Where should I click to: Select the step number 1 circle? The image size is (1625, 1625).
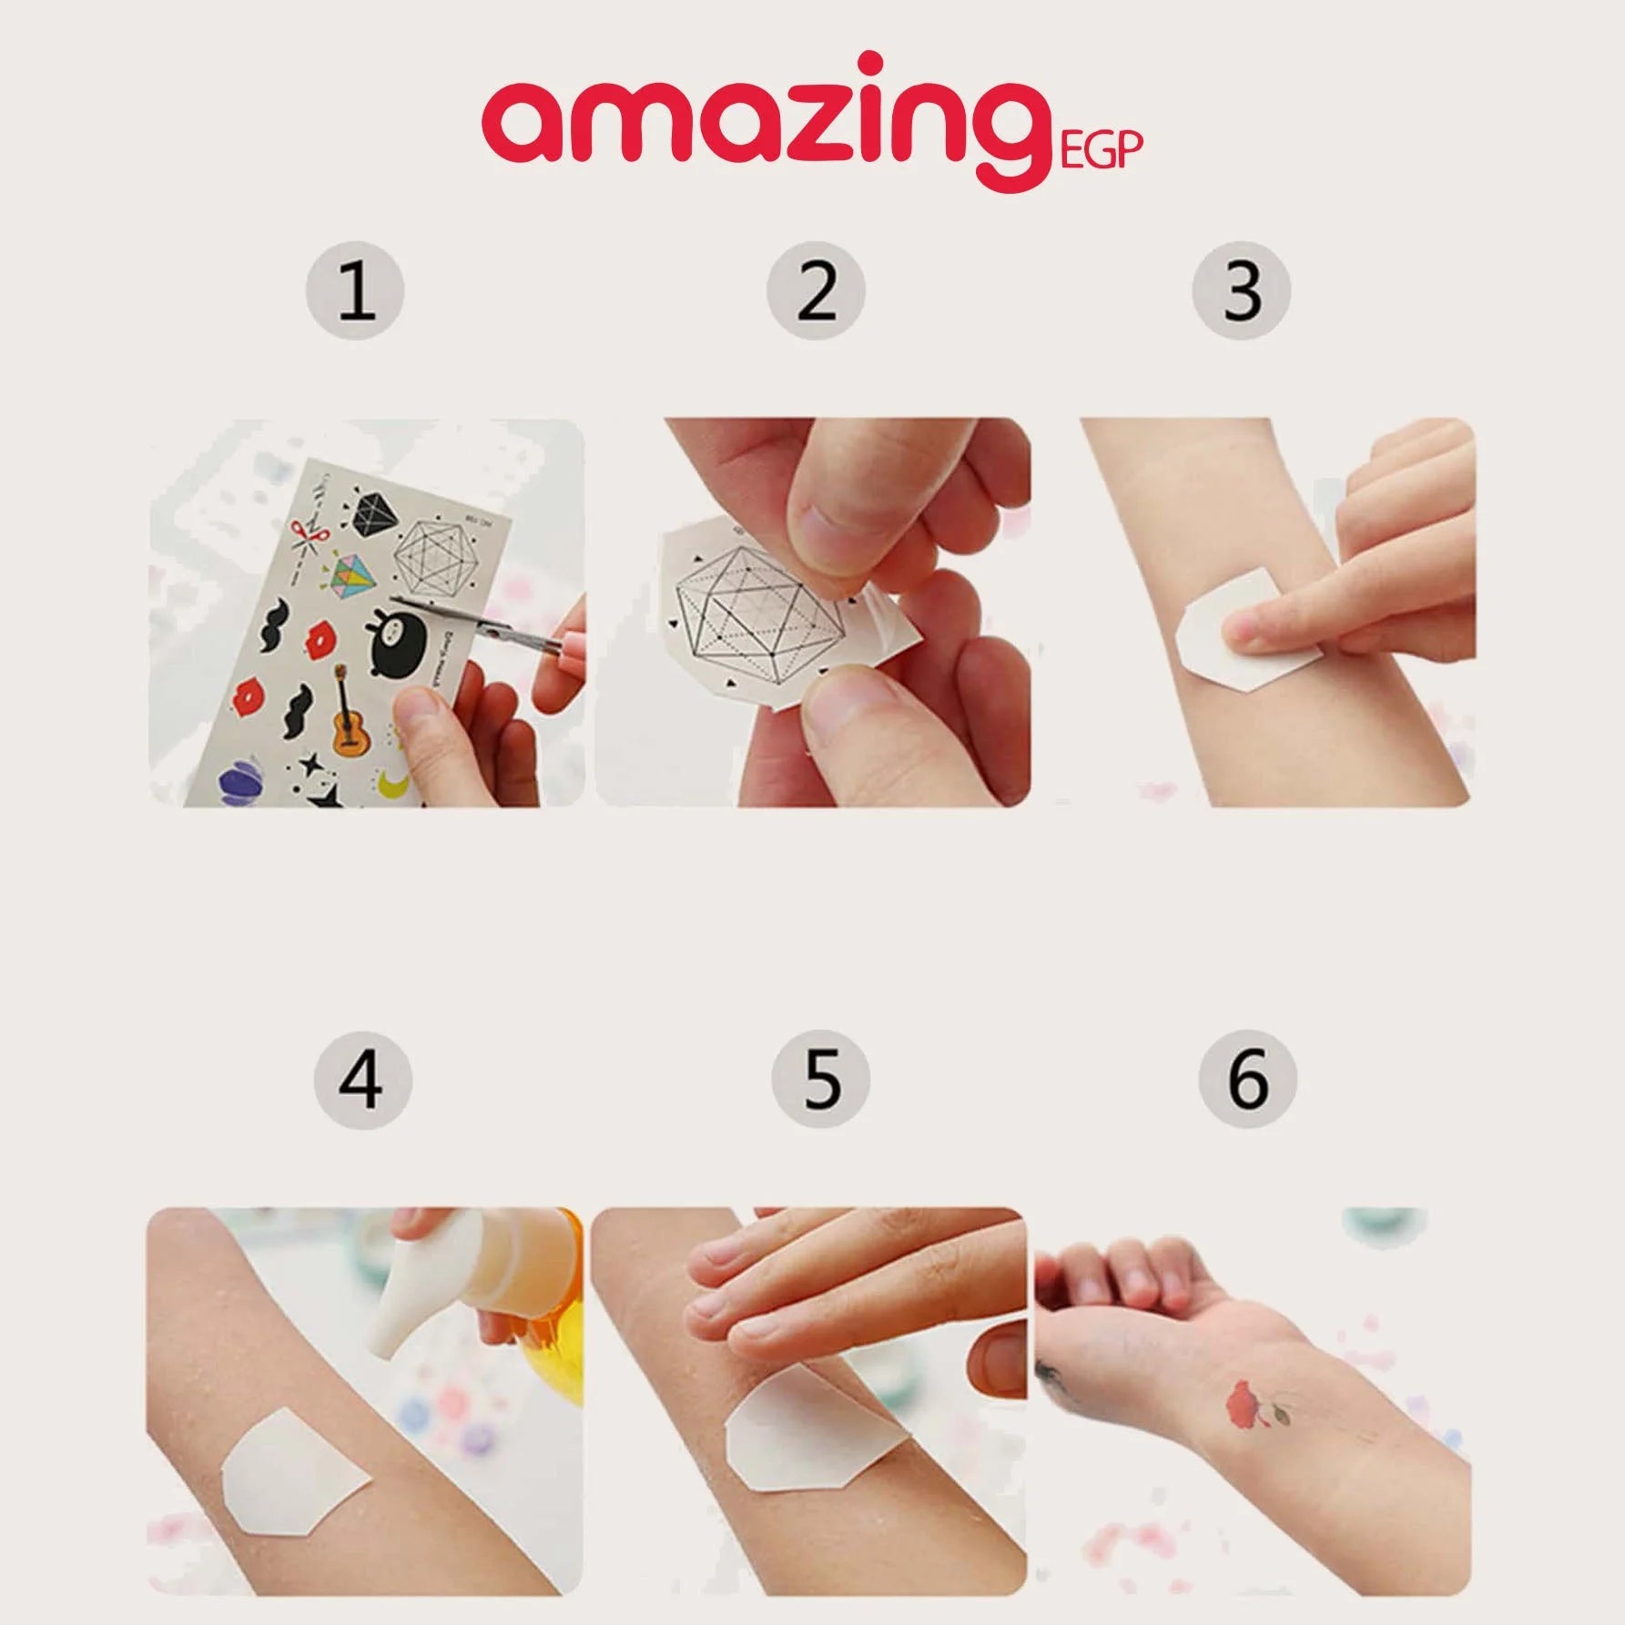pos(354,291)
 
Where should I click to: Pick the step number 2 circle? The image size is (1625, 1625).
pos(816,291)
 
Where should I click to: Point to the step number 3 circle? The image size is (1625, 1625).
pos(1242,291)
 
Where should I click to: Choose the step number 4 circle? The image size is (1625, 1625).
pos(362,1080)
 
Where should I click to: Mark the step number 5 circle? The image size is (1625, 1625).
pos(820,1080)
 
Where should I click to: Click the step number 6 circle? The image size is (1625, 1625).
pos(1247,1080)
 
